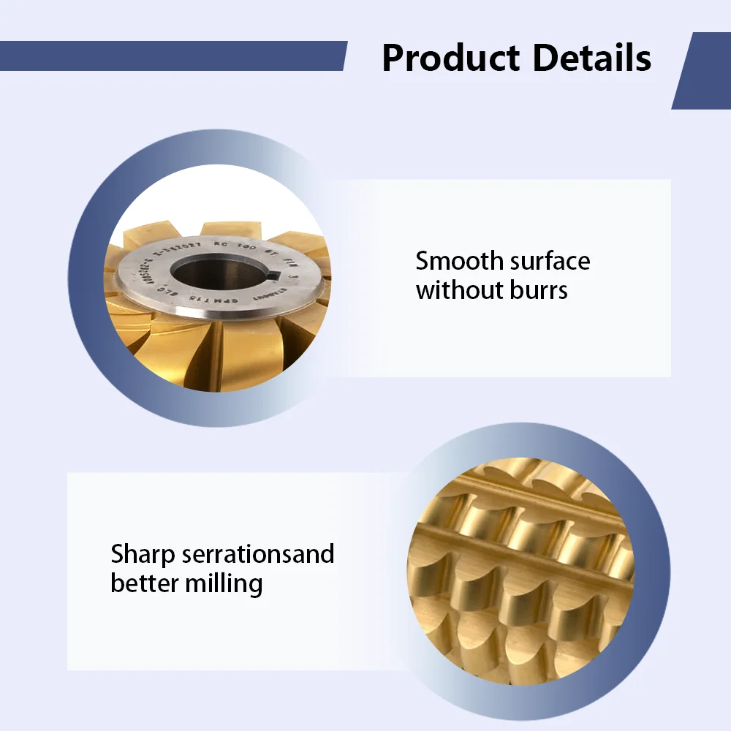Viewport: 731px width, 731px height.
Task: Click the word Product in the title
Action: click(451, 58)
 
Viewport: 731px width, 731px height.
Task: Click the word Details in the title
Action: click(591, 58)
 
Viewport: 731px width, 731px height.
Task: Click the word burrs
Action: click(539, 290)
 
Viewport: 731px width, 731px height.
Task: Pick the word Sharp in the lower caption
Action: click(143, 553)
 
